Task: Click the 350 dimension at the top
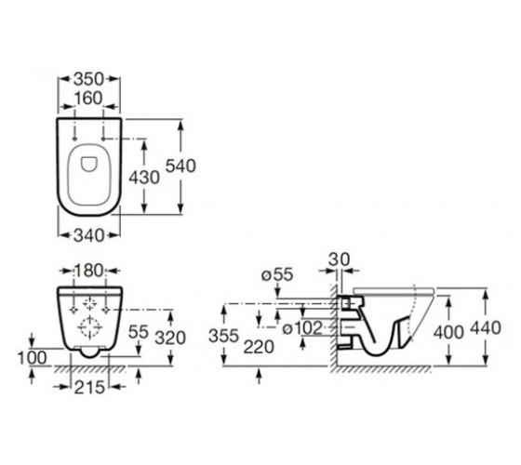coord(89,79)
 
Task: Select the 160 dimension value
coord(88,99)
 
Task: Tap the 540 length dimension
coord(180,166)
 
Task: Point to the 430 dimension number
coord(144,178)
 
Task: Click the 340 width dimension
coord(88,235)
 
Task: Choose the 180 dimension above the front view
coord(89,271)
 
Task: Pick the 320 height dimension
coord(170,339)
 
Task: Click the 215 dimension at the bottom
coord(89,387)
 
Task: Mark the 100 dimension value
coord(32,358)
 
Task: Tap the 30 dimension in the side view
coord(340,259)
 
